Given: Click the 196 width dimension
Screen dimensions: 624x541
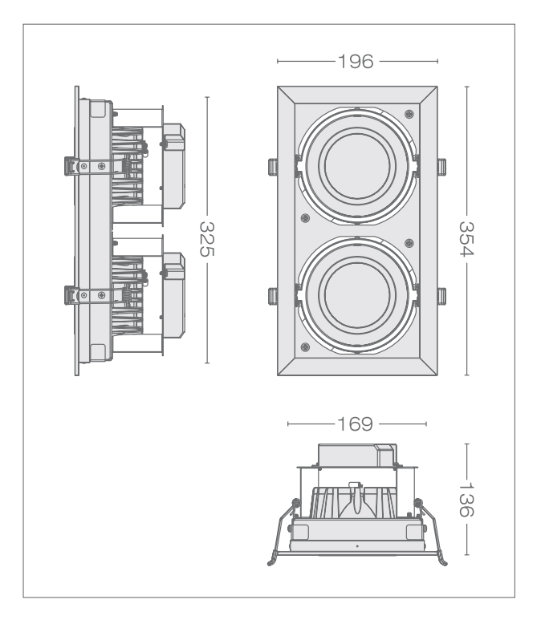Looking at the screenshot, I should tap(356, 61).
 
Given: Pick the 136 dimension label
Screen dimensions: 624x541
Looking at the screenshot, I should tap(468, 498).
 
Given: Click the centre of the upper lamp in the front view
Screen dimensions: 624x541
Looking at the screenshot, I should tap(357, 164).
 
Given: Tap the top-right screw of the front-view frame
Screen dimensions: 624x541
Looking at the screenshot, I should tap(409, 111).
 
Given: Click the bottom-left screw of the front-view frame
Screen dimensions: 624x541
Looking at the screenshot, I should tap(305, 346).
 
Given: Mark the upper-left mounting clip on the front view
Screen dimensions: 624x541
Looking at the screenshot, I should tap(272, 167).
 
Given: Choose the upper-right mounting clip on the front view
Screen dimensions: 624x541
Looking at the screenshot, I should tap(441, 167).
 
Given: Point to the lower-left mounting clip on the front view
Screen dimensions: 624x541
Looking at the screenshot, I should tap(272, 296).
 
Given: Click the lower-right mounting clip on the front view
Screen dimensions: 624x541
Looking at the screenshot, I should tap(441, 296).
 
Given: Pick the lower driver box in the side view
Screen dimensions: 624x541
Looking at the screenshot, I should tap(175, 294).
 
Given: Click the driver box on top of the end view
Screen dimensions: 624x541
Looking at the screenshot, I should tap(356, 456).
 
